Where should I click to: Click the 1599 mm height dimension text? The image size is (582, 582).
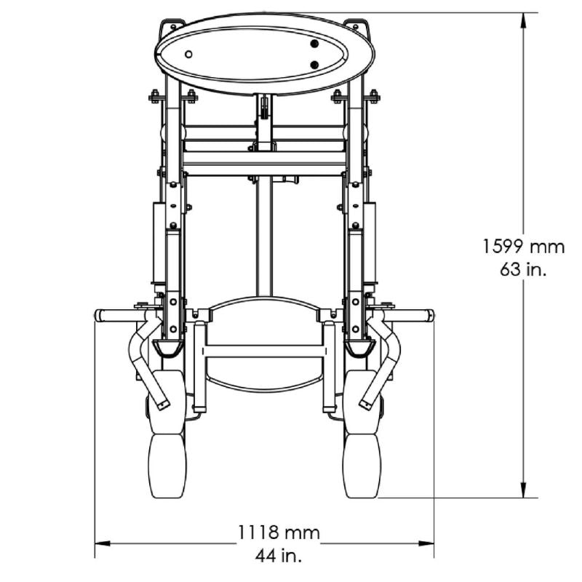pos(523,247)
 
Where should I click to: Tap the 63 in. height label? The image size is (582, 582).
pos(523,269)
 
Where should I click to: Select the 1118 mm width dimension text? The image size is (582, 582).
pos(279,533)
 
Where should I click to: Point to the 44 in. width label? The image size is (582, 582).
pos(279,555)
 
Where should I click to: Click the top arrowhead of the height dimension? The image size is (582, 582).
pos(523,20)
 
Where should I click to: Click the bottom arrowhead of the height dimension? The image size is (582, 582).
pos(523,490)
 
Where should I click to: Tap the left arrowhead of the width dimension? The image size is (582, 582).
pos(103,543)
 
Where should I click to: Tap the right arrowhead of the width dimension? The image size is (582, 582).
pos(426,543)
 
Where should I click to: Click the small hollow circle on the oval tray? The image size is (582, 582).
pos(188,55)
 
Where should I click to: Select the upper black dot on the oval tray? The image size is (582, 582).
pos(314,44)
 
